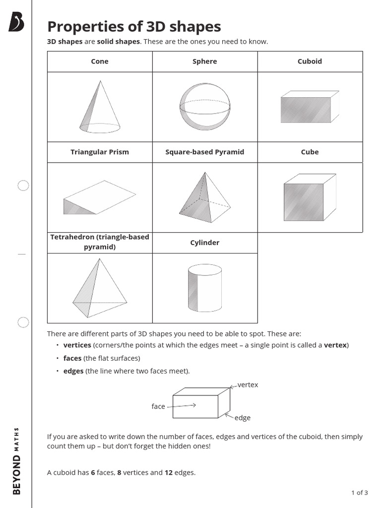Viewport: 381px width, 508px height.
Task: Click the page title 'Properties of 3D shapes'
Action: coord(134,26)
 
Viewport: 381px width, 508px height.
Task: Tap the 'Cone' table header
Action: coord(100,62)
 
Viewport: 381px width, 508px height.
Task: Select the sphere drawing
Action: coord(204,106)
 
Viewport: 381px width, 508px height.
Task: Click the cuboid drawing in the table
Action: coord(310,107)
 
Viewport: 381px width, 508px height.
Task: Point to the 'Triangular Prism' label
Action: coord(100,152)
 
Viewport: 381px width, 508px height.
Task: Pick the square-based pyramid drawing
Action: coord(205,197)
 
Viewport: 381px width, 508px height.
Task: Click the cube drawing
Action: coord(310,197)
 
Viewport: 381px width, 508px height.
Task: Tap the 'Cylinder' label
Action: coord(205,243)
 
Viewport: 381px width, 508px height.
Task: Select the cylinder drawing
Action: coord(205,288)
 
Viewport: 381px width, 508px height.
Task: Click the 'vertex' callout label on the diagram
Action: coord(248,385)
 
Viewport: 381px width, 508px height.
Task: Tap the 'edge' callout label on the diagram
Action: coord(243,418)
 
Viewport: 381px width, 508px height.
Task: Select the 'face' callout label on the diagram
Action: coord(158,407)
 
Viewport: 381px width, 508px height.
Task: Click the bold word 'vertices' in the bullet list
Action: coord(77,345)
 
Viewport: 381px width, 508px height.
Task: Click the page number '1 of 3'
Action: coord(360,493)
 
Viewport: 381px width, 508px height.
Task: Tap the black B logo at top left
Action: coord(16,22)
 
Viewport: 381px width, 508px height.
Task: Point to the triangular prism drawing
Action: coord(99,197)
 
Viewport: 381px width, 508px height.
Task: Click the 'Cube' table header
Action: coord(310,152)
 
